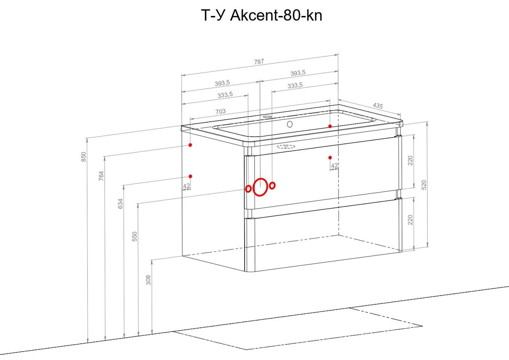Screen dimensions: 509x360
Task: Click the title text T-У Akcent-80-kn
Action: (262, 16)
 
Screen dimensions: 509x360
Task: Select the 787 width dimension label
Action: (259, 62)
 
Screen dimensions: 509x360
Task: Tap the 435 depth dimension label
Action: (378, 106)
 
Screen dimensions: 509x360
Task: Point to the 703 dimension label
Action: (220, 111)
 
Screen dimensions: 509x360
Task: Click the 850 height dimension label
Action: (84, 157)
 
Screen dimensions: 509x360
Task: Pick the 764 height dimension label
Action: (101, 176)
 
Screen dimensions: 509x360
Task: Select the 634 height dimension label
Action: (120, 204)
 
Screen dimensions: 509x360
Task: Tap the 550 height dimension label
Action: (135, 236)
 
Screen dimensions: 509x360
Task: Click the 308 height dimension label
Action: (148, 280)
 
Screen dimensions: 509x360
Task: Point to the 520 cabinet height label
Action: (424, 185)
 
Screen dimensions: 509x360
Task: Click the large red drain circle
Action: (260, 187)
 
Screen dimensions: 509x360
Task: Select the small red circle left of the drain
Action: (248, 189)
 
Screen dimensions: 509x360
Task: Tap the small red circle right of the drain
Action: (272, 185)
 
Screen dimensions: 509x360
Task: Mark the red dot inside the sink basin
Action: (330, 126)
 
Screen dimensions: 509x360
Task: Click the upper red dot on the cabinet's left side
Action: (190, 145)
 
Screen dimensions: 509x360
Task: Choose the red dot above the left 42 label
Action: (190, 176)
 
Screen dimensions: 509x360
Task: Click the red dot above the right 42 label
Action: (330, 158)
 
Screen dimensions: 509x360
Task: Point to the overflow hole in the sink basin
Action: (290, 124)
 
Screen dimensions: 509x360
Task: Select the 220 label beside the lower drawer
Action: (410, 220)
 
